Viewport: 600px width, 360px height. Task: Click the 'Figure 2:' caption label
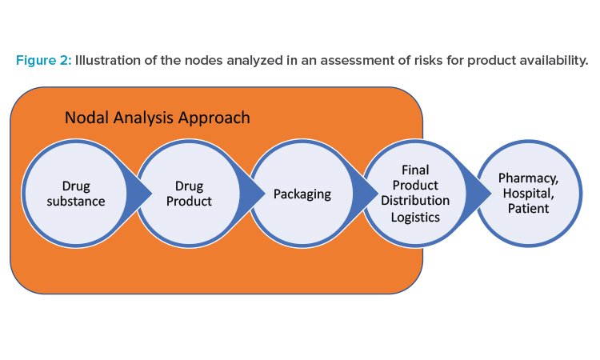(x=44, y=61)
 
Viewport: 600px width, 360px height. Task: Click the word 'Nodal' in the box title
(x=87, y=118)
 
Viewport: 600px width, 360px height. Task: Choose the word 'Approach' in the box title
(x=214, y=118)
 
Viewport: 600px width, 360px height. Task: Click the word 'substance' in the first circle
(x=76, y=202)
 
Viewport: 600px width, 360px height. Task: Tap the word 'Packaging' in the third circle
(x=302, y=194)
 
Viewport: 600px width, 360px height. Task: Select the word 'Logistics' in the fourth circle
(x=415, y=218)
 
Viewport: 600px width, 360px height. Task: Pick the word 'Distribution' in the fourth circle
(x=415, y=201)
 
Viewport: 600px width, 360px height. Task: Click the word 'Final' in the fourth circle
(x=415, y=170)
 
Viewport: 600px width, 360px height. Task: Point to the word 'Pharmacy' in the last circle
(x=528, y=178)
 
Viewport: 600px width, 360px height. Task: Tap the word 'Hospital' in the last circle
(x=528, y=193)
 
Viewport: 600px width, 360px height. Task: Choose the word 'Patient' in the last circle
(x=529, y=209)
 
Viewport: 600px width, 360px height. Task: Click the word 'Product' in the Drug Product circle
(x=189, y=202)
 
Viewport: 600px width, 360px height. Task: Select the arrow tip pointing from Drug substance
(x=152, y=194)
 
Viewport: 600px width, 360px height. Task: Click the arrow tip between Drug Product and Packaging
(x=265, y=194)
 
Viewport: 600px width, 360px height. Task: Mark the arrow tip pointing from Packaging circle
(x=378, y=194)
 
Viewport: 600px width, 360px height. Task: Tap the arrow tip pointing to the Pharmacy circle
(x=492, y=194)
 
